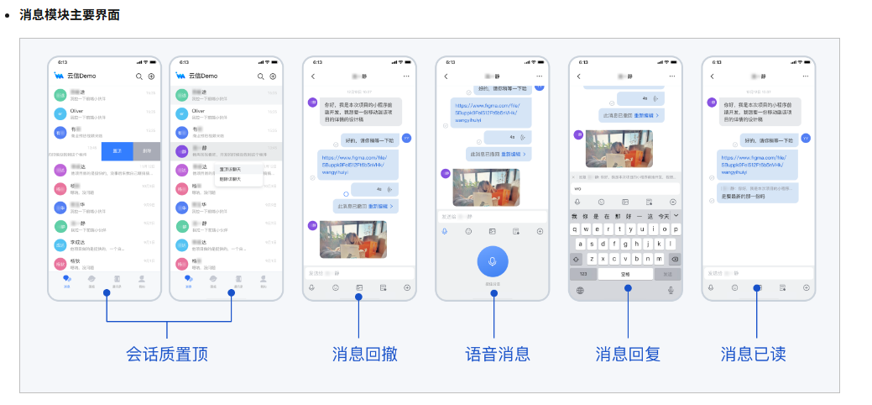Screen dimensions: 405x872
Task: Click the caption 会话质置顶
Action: [x=167, y=354]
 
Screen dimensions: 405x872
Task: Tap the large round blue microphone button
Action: [x=492, y=261]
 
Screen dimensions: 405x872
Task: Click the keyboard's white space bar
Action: [x=625, y=274]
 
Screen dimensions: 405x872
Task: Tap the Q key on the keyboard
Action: [x=576, y=229]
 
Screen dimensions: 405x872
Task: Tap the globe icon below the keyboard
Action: [x=578, y=290]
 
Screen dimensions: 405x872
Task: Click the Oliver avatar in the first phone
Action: [x=60, y=113]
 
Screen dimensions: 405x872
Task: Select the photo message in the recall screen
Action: [x=352, y=239]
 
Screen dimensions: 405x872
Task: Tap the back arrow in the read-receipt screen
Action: [x=712, y=76]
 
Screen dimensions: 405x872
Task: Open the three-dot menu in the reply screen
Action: [x=671, y=76]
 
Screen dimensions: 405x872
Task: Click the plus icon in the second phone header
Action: [x=272, y=76]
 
